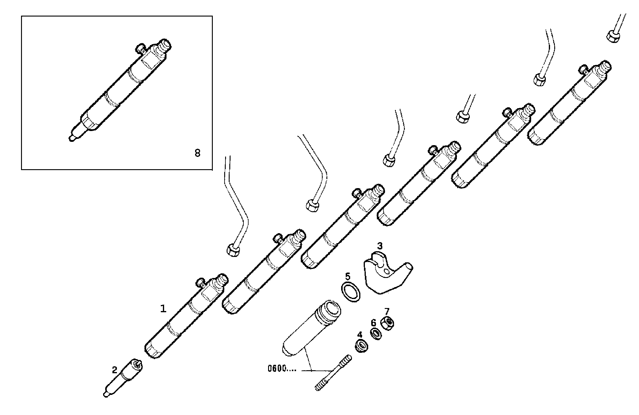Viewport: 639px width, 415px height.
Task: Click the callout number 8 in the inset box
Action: point(197,153)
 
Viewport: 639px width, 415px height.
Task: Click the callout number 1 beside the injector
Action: point(163,309)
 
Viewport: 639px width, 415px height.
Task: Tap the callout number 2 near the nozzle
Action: point(115,370)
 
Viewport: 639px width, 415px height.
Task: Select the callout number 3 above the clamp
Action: point(380,246)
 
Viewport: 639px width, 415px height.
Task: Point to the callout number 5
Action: point(347,276)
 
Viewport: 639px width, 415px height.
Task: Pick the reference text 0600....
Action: point(282,368)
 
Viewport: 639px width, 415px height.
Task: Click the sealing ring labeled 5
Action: point(351,291)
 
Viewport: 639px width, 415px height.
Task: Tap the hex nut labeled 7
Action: point(387,323)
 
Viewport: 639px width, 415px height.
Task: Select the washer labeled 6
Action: point(376,334)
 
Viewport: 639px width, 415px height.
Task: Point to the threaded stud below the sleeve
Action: point(332,373)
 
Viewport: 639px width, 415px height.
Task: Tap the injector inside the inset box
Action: point(120,90)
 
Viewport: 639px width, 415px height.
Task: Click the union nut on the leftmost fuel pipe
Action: point(233,250)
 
